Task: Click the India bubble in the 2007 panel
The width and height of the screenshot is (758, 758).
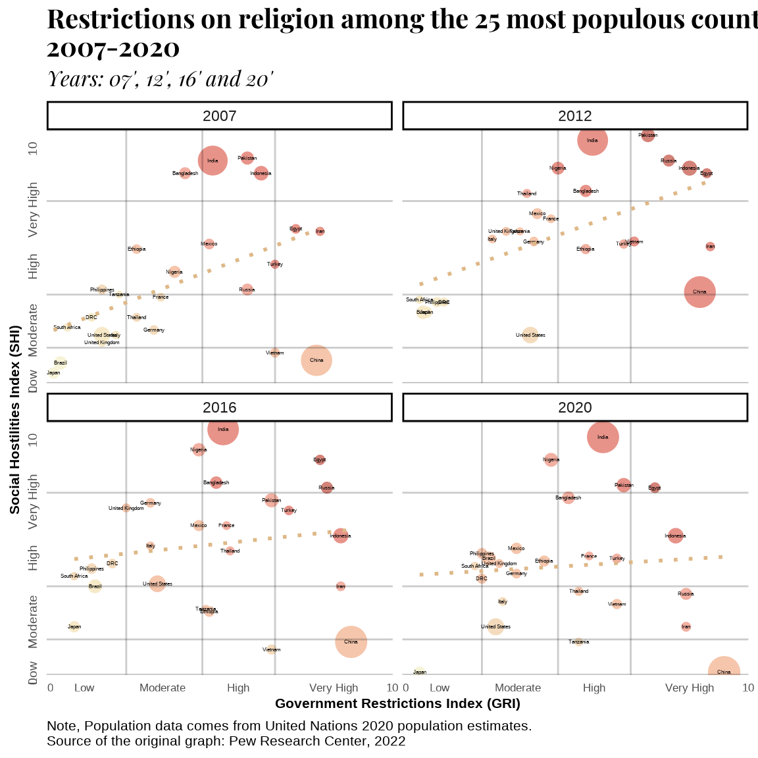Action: coord(213,161)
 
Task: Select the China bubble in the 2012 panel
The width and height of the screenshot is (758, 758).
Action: coord(699,292)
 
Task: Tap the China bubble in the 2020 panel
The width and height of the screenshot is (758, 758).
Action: coord(724,672)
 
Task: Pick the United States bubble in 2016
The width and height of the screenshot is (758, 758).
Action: coord(157,584)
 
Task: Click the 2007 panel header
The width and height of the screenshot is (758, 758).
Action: coord(220,116)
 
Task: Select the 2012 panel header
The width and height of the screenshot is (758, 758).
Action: coord(575,116)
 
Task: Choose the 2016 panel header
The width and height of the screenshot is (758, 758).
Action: coord(220,407)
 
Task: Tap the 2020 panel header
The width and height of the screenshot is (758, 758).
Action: coord(575,407)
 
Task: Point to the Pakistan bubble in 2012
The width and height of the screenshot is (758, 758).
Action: coord(648,135)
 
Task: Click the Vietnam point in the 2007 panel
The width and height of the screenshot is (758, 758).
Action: coord(275,353)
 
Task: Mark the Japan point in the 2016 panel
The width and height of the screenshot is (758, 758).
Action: coord(74,626)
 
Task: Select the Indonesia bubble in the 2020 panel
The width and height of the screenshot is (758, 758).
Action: coord(675,536)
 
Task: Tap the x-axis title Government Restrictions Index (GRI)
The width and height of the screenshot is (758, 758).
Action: coord(397,703)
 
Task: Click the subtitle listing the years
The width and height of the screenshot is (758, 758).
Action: coord(160,79)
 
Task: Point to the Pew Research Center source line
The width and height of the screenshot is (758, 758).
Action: coord(226,741)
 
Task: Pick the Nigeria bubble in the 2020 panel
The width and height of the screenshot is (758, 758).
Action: coord(551,459)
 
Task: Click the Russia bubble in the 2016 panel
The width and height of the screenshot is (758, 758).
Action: coord(326,488)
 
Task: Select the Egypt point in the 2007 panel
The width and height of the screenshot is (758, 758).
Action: coord(296,229)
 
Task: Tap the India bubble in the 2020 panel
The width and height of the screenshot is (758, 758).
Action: coord(603,437)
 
